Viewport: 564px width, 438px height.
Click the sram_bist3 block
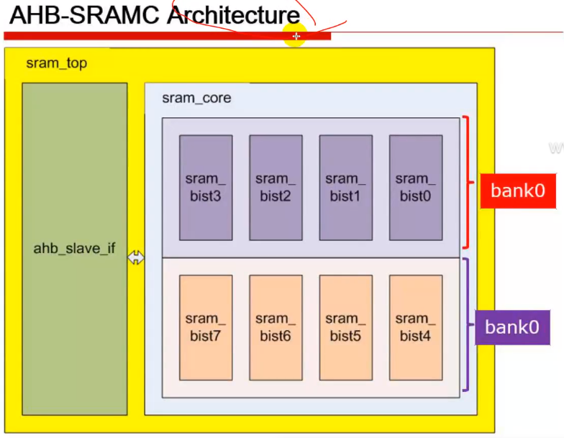click(206, 187)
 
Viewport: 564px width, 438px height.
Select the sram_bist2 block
click(276, 187)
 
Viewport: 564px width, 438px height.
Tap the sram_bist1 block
click(346, 187)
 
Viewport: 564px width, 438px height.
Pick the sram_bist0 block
click(416, 187)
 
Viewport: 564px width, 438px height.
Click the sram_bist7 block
click(206, 327)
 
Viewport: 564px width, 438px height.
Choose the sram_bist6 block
click(276, 327)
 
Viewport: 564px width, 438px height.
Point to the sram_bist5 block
click(346, 327)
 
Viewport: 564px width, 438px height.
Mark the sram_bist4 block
click(416, 327)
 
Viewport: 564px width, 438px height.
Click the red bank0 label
click(517, 191)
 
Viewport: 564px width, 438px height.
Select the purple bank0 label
click(511, 327)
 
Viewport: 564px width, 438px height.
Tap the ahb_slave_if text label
click(74, 250)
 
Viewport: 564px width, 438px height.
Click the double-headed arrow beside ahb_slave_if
click(136, 257)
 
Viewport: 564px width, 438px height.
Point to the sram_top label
click(56, 63)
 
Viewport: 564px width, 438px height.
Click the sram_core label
click(196, 98)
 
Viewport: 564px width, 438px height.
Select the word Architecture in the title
click(233, 15)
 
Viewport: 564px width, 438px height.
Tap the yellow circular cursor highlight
click(296, 36)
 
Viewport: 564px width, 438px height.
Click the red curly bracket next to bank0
click(467, 182)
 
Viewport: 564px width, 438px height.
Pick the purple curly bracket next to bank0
click(467, 325)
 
